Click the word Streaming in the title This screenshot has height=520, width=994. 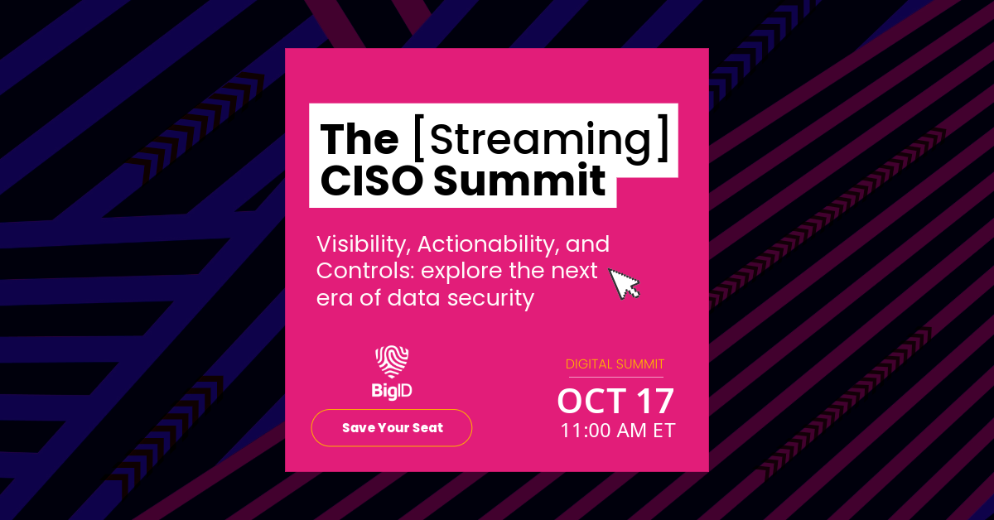[x=538, y=141]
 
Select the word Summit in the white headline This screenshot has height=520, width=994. [x=520, y=181]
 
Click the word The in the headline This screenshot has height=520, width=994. [x=359, y=140]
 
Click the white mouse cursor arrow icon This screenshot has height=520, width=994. [x=624, y=283]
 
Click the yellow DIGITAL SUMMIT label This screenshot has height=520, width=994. [x=615, y=364]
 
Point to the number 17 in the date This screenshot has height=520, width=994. [x=655, y=402]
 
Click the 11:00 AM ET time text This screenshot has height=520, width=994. [x=617, y=431]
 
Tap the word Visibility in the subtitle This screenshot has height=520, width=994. [x=363, y=245]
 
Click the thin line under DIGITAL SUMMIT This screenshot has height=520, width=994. [x=615, y=378]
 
